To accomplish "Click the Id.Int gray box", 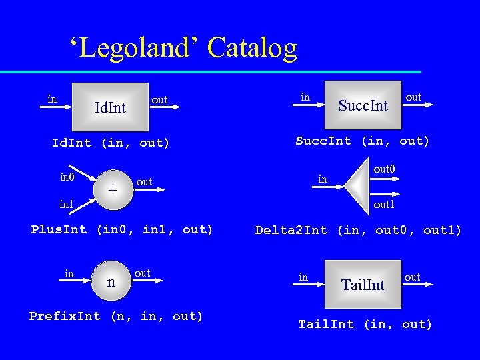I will (x=110, y=107).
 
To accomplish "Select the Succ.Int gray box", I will (x=363, y=105).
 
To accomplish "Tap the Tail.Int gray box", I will (x=363, y=285).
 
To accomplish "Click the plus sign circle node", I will (x=113, y=189).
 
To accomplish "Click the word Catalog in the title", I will (x=252, y=48).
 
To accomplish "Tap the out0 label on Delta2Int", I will (x=384, y=169).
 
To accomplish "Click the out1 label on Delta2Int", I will (x=384, y=205).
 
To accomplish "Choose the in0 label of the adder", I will (x=67, y=177).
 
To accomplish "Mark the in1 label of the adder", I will (x=67, y=204).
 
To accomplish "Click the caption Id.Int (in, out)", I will (x=111, y=143).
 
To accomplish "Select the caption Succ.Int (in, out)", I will (x=363, y=141).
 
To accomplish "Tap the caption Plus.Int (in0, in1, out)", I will (x=122, y=230).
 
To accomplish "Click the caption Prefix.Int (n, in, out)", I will (x=116, y=316).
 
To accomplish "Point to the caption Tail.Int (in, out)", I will (x=365, y=325).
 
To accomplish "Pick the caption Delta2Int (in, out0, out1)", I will (x=358, y=231).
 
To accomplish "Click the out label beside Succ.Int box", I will (x=413, y=97).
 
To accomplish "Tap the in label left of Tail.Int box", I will (x=303, y=277).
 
